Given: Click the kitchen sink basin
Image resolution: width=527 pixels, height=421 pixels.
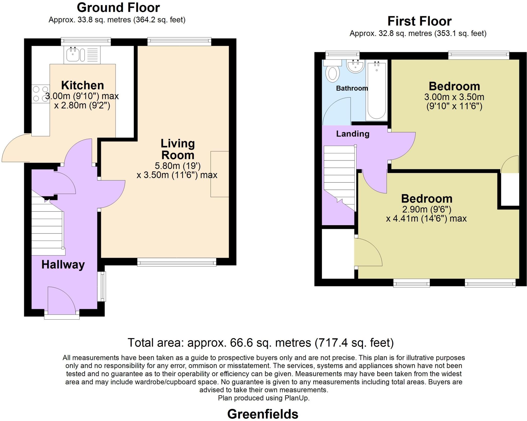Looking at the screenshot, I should pyautogui.click(x=73, y=55).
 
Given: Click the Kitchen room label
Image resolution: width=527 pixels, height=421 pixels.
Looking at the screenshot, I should pyautogui.click(x=83, y=85).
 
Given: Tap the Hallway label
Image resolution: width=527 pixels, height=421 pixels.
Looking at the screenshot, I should pyautogui.click(x=63, y=265).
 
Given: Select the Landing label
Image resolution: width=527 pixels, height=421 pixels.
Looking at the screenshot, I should pyautogui.click(x=353, y=134).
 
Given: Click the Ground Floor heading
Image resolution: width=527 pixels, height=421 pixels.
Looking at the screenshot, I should pyautogui.click(x=118, y=8).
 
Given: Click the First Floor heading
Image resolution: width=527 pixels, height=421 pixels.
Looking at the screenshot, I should pyautogui.click(x=419, y=21).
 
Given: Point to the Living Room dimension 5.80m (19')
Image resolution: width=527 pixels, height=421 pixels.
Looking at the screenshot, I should pyautogui.click(x=178, y=165).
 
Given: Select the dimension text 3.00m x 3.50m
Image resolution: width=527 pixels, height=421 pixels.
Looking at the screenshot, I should pyautogui.click(x=454, y=97).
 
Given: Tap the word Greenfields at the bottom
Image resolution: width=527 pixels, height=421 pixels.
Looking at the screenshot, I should pyautogui.click(x=263, y=414).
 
